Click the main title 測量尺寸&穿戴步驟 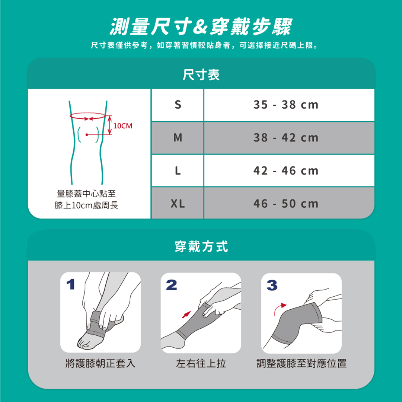point(201,27)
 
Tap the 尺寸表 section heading point(201,74)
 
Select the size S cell point(178,105)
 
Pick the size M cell point(178,138)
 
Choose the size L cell point(178,171)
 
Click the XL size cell point(178,204)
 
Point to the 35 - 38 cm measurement point(286,105)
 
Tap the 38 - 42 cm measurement point(286,138)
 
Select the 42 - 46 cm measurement point(286,171)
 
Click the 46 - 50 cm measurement point(286,204)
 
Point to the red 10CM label point(123,126)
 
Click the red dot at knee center point(87,135)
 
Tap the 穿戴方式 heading point(201,247)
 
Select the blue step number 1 point(70,284)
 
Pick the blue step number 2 point(171,285)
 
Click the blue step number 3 point(272,285)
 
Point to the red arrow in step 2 point(186,315)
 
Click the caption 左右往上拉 point(201,364)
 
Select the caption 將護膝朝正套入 point(100,364)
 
